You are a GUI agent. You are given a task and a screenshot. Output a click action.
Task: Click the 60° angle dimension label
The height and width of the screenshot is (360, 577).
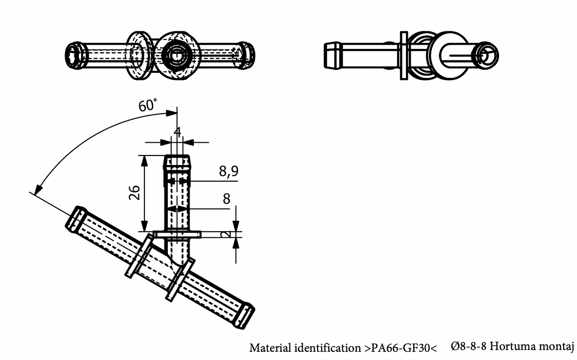pos(148,105)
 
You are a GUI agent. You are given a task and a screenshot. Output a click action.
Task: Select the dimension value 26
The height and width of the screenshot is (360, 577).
pos(135,192)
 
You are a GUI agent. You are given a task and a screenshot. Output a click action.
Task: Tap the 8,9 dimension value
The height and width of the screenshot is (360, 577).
pos(229,172)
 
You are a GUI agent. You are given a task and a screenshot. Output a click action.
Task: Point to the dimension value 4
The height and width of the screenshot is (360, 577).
pos(177,132)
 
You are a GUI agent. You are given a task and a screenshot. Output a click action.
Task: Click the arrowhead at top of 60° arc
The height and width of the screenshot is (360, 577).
pos(172,113)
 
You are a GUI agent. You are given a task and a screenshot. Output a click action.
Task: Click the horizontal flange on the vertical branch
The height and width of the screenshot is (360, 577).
pos(177,234)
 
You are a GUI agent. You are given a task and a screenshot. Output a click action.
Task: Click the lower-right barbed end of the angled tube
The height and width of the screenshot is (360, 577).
pos(245,315)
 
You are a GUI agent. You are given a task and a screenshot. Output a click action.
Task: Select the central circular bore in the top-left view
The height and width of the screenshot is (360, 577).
pos(176,55)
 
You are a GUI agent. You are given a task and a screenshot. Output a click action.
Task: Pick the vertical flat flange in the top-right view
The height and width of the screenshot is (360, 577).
pos(404,55)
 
